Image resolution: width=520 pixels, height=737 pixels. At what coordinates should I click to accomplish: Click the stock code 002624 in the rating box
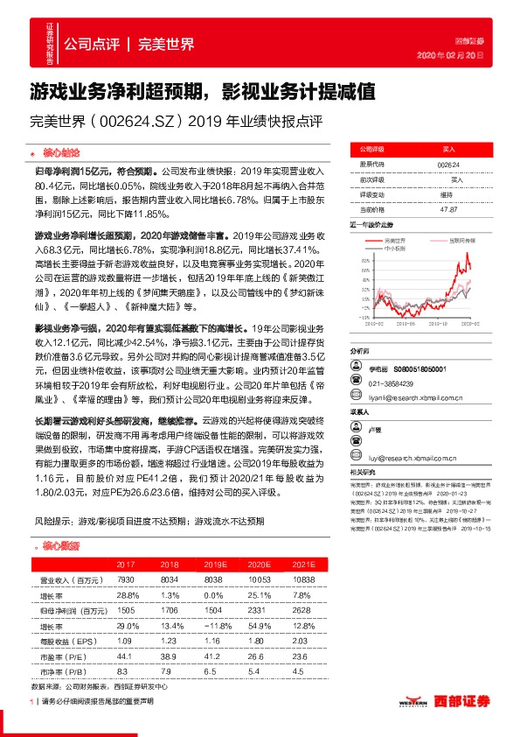click(448, 164)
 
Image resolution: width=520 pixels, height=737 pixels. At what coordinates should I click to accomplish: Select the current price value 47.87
click(448, 208)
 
